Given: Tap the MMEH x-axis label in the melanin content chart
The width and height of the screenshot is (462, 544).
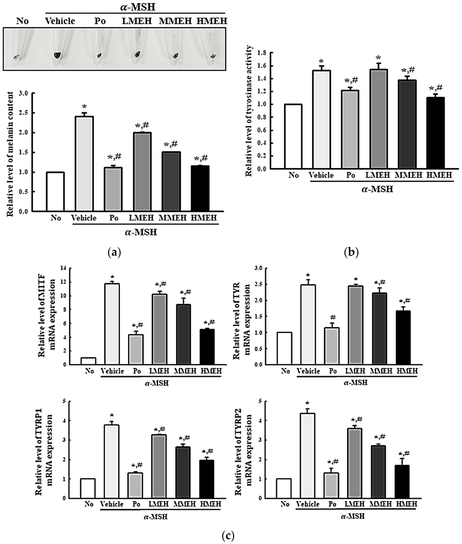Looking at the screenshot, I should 172,218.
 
